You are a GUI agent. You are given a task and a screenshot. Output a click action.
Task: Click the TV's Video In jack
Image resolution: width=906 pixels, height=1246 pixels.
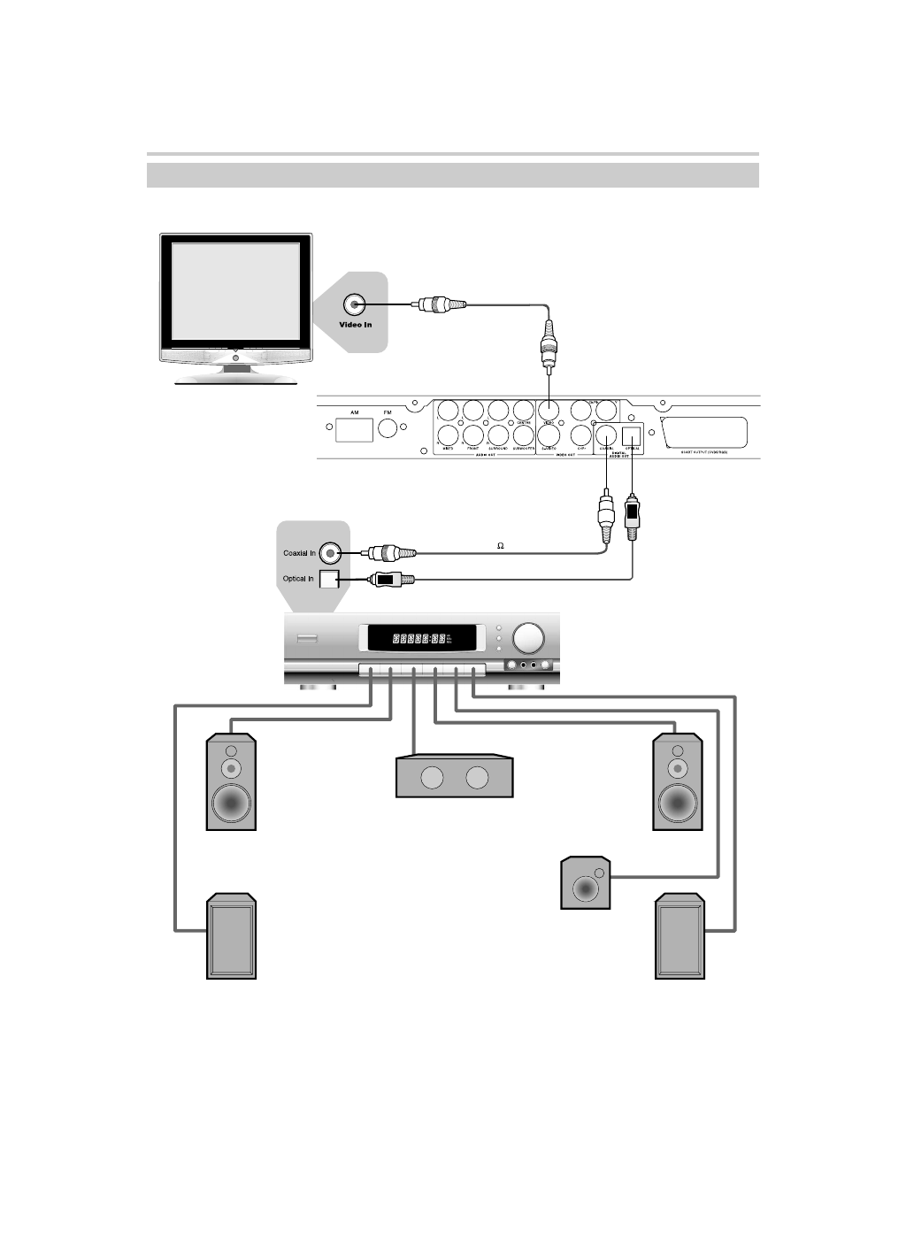[x=356, y=305]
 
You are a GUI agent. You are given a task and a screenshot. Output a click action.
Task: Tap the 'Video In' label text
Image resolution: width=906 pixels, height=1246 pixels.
[x=356, y=326]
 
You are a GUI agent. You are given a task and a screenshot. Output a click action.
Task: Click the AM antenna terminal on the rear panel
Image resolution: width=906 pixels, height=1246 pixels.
[x=354, y=430]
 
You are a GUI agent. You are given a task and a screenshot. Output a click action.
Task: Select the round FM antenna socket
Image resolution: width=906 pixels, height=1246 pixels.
[x=389, y=430]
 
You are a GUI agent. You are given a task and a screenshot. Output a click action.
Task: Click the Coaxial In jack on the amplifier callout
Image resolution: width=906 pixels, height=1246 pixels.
[x=330, y=554]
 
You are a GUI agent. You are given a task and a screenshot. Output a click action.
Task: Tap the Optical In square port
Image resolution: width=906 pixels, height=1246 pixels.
[x=328, y=579]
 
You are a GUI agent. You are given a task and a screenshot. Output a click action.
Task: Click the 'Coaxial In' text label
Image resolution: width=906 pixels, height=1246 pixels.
[x=299, y=554]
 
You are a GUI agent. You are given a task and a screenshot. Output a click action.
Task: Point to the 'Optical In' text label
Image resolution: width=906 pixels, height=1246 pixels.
[x=298, y=579]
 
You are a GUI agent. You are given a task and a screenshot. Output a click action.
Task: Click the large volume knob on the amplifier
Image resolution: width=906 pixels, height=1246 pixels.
[x=529, y=638]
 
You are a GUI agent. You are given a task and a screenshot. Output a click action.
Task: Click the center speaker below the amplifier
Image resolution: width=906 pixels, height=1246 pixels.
[x=454, y=776]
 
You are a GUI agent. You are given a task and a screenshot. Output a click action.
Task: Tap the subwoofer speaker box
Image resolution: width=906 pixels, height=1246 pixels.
[x=586, y=883]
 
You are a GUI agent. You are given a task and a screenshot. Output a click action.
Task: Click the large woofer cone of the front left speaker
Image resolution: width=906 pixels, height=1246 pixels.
[x=232, y=802]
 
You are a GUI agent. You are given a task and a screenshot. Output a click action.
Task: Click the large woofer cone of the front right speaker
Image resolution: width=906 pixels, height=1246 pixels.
[x=678, y=802]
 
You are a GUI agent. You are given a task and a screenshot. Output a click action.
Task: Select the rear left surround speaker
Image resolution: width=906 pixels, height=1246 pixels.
[x=232, y=937]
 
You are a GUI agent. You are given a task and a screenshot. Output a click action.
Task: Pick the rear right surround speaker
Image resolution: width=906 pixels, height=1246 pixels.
[x=679, y=937]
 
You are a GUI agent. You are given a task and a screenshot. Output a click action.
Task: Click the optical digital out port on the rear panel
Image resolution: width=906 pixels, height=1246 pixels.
[x=632, y=435]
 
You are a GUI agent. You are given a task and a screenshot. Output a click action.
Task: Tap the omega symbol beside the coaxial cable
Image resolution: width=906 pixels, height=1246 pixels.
[x=500, y=546]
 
